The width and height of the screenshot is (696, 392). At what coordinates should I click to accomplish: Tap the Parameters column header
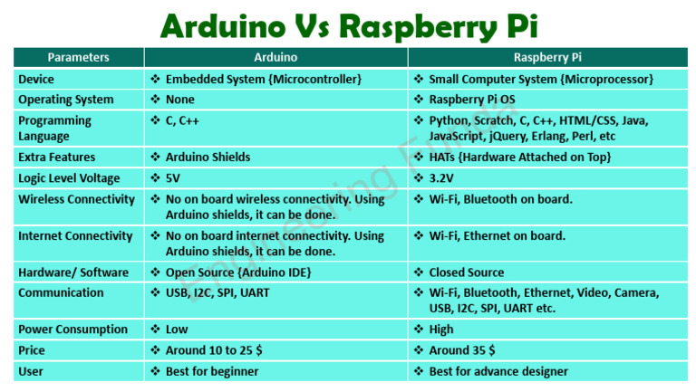(78, 57)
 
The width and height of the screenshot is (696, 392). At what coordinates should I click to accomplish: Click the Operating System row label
(66, 100)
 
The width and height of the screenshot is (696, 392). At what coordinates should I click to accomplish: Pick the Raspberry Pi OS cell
(477, 100)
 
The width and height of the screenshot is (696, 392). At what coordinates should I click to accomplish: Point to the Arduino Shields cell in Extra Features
(208, 157)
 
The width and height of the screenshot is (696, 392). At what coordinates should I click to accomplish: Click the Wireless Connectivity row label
(77, 198)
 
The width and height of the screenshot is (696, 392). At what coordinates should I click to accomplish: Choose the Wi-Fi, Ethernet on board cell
(497, 235)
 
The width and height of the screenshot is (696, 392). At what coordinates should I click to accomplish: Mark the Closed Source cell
(466, 272)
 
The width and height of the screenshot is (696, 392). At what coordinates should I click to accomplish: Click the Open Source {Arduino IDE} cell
(238, 272)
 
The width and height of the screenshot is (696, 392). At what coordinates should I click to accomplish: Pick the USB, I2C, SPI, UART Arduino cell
(217, 292)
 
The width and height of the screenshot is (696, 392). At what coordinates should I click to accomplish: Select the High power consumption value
(440, 330)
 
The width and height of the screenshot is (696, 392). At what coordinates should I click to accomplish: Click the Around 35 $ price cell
(461, 350)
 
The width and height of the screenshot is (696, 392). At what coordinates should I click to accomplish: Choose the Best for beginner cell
(212, 371)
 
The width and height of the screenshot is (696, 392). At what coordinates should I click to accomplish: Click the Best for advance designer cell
(498, 371)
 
